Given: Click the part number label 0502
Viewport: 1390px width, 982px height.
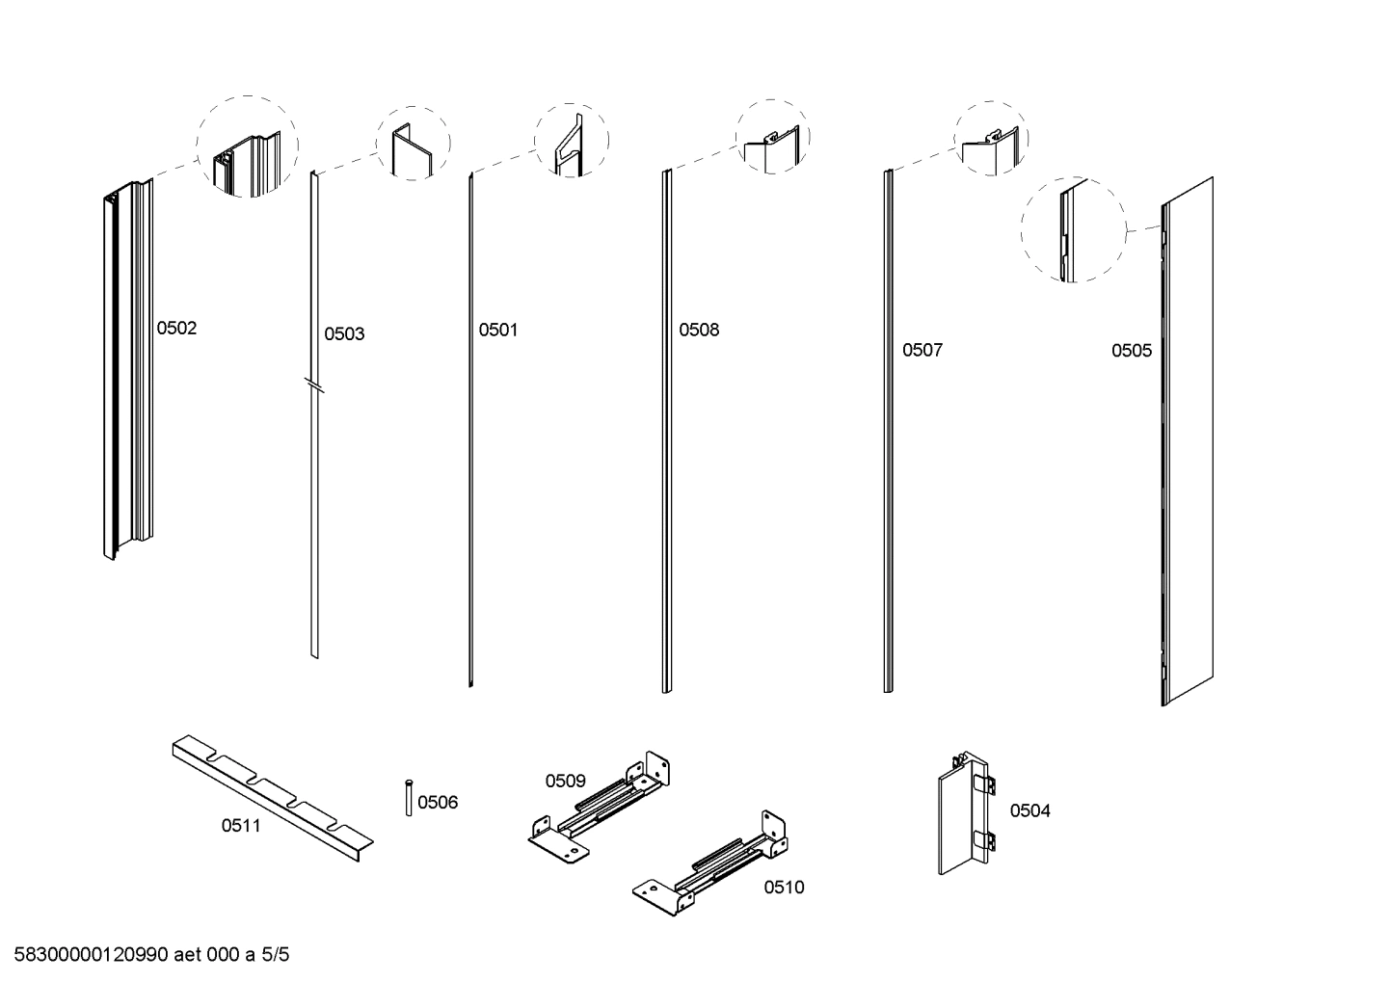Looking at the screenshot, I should (x=176, y=329).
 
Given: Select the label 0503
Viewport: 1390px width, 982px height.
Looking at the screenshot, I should (x=344, y=334).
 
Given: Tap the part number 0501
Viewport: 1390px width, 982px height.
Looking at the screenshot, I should (x=498, y=331).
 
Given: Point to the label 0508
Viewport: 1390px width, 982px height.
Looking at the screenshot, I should (x=699, y=331).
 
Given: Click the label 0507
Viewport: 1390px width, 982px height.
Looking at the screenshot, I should (x=922, y=351).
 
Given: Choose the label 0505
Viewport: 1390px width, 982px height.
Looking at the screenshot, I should (x=1131, y=351).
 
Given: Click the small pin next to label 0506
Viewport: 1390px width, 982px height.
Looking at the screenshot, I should (x=410, y=798).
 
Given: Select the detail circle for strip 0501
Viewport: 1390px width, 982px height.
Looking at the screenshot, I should (x=571, y=140).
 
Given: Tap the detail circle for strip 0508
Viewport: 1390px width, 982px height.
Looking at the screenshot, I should (x=772, y=137).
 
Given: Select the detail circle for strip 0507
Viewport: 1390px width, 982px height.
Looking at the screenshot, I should (x=991, y=138).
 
